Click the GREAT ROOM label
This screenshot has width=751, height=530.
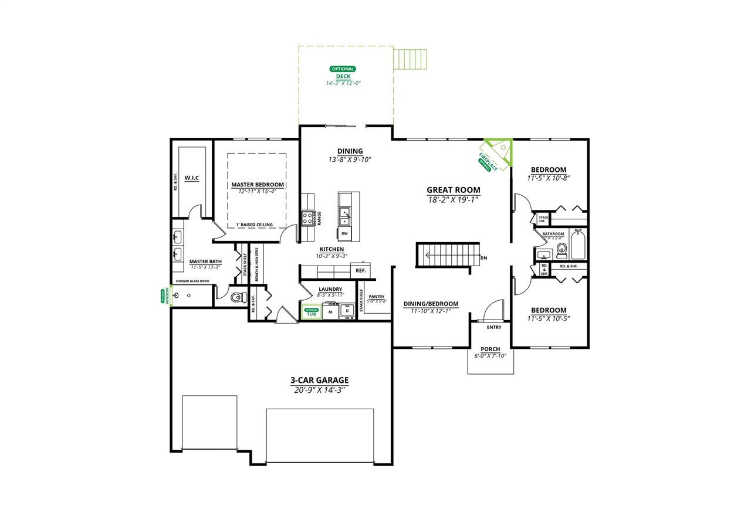(x=453, y=190)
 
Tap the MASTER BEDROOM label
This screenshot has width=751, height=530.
(x=257, y=185)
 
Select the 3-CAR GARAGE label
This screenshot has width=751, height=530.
(x=319, y=380)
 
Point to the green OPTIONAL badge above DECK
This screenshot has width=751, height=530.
(x=343, y=69)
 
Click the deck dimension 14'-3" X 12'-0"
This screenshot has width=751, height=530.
(x=343, y=83)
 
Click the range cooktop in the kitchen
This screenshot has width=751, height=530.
(x=308, y=219)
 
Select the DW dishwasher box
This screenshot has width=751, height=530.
(x=344, y=233)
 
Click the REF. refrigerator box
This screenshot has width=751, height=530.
(x=361, y=270)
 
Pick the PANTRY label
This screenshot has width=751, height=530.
(x=377, y=297)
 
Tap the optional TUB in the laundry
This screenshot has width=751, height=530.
(x=311, y=312)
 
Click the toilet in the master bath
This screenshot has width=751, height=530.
(x=238, y=297)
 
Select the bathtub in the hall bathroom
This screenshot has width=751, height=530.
(x=578, y=244)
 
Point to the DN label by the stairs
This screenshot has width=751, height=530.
(x=483, y=258)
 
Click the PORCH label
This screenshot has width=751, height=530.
(x=490, y=349)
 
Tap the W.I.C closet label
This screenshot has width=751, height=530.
(x=192, y=178)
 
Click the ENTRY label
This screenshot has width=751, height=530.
(x=494, y=327)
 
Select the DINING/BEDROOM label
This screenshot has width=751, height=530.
(x=431, y=304)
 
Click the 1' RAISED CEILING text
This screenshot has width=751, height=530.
(x=254, y=225)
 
